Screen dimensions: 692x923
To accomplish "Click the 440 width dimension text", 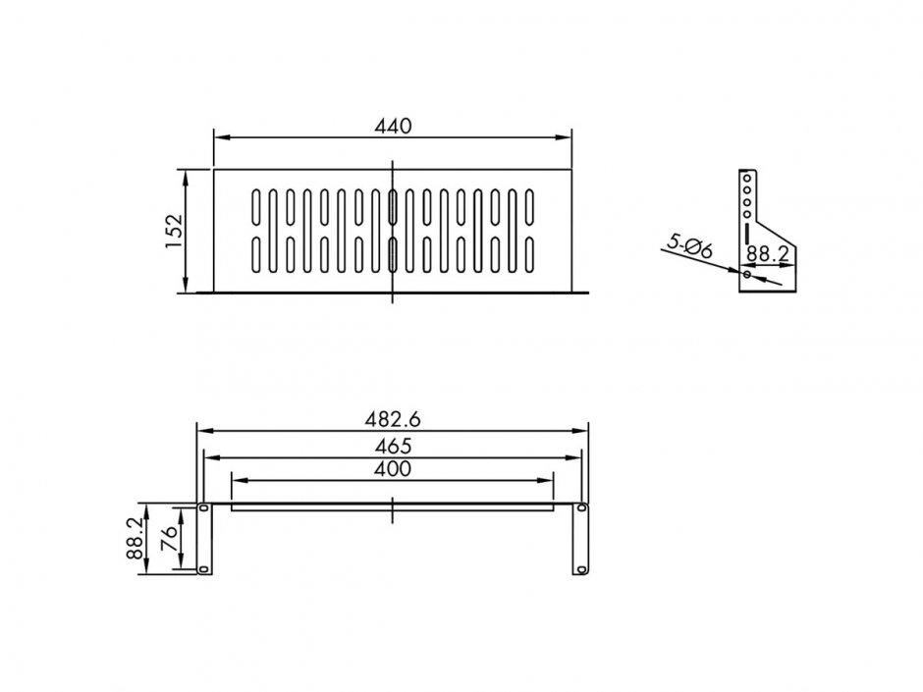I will [x=393, y=126].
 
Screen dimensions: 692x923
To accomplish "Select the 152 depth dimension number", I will [x=174, y=231].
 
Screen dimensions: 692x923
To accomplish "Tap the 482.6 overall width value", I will [x=393, y=418].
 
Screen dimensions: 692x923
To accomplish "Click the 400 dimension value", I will [x=393, y=468].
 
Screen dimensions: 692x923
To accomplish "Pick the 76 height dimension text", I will [x=170, y=539].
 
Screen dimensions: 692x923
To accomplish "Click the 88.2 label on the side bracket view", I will [x=767, y=253].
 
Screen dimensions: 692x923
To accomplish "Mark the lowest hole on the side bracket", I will [x=747, y=276].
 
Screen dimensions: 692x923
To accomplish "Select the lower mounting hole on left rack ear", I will [x=203, y=568].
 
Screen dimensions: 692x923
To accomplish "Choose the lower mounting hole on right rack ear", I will [x=581, y=568].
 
